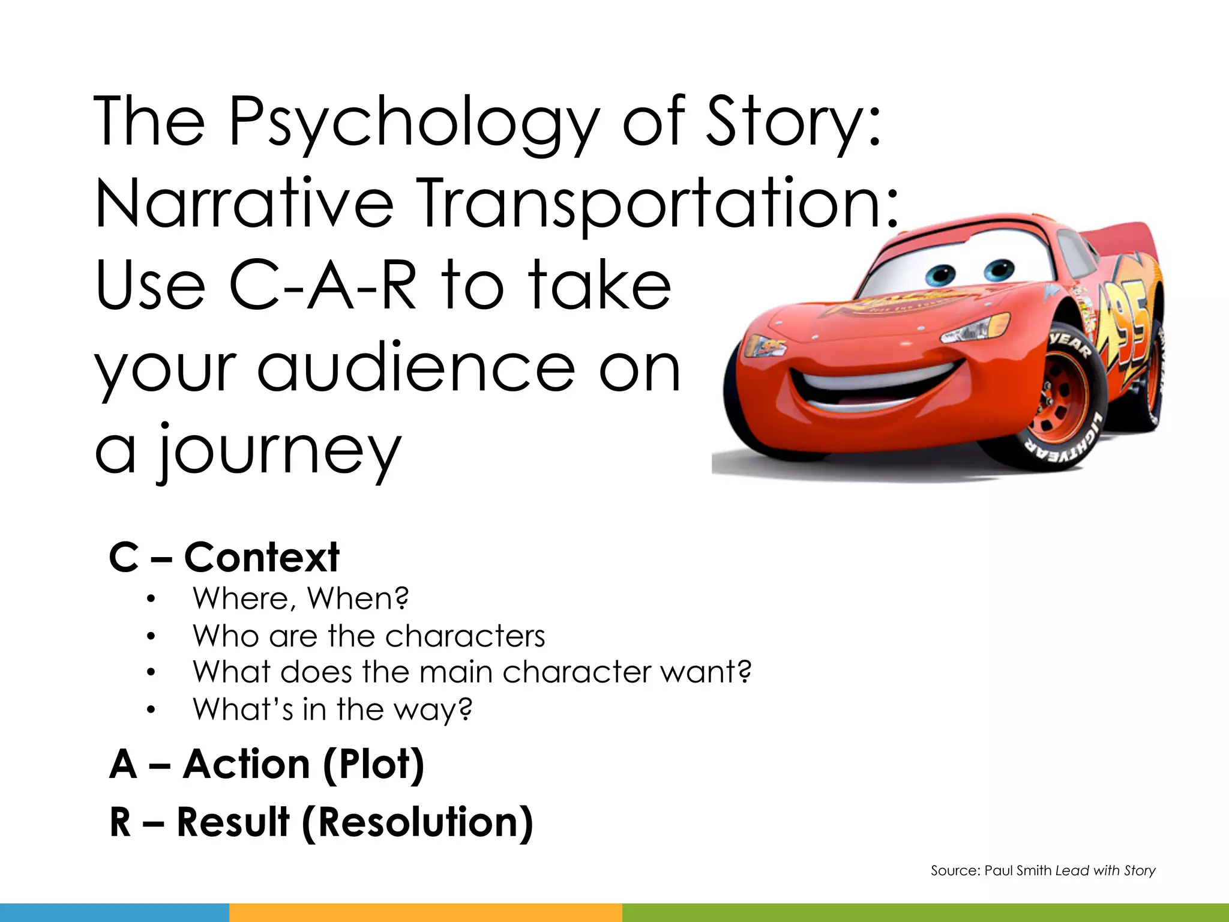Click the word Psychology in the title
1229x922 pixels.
click(414, 123)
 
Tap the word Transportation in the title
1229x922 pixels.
click(657, 204)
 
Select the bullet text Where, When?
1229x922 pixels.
click(300, 598)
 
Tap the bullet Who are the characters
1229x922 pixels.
click(368, 636)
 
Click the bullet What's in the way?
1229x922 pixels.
click(332, 710)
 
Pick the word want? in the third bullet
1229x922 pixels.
click(706, 672)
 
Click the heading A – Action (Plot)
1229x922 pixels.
click(266, 764)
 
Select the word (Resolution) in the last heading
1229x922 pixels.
click(418, 822)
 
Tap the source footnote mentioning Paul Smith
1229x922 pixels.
click(1043, 870)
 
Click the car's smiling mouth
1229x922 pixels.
click(870, 384)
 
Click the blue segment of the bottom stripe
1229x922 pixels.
click(114, 912)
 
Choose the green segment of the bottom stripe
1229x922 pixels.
click(924, 912)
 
